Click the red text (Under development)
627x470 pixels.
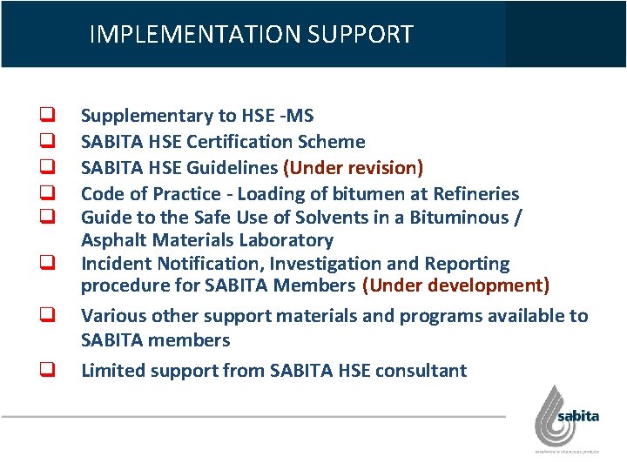click(x=455, y=285)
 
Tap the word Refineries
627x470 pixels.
click(x=475, y=193)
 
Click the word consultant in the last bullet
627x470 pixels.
click(x=421, y=370)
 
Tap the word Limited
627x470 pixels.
click(x=112, y=370)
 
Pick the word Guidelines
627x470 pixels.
click(x=233, y=167)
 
